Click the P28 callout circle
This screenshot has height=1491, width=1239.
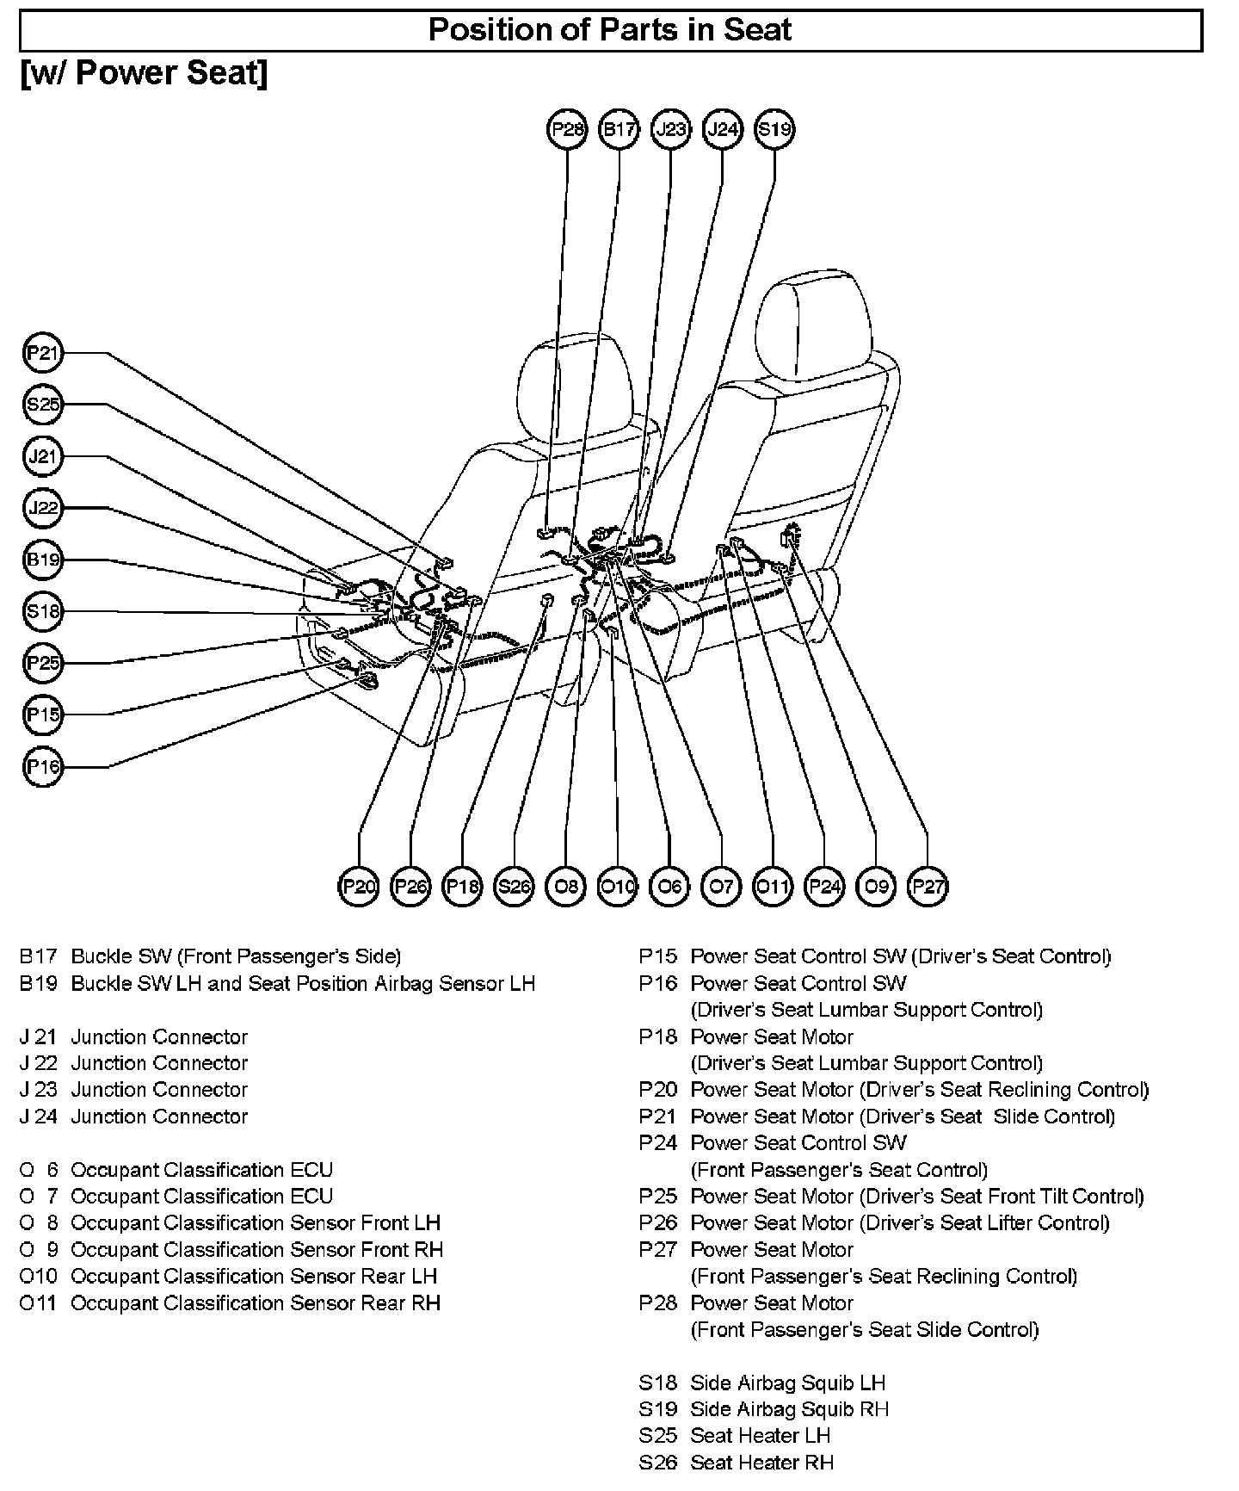tap(567, 130)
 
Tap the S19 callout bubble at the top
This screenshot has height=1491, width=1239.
tap(774, 130)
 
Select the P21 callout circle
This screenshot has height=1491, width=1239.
tap(42, 353)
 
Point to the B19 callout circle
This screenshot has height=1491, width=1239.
tap(42, 560)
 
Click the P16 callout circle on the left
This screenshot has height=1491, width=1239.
tap(42, 767)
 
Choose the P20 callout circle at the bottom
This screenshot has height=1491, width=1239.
tap(359, 887)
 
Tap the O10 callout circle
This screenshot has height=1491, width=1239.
tap(618, 887)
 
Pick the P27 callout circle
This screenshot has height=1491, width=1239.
tap(928, 887)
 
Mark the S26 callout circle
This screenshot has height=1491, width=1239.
tap(514, 887)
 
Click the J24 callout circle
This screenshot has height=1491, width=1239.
tap(722, 130)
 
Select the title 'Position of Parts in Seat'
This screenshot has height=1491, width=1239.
tap(610, 30)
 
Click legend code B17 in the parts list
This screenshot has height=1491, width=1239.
tap(38, 956)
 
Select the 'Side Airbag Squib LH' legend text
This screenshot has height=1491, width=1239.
tap(787, 1383)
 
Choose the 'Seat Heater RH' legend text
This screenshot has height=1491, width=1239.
tap(761, 1463)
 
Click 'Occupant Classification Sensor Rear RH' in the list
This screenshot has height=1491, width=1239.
tap(255, 1303)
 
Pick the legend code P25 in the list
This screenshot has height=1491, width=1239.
tap(657, 1197)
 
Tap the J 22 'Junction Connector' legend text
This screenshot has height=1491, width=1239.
tap(159, 1063)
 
